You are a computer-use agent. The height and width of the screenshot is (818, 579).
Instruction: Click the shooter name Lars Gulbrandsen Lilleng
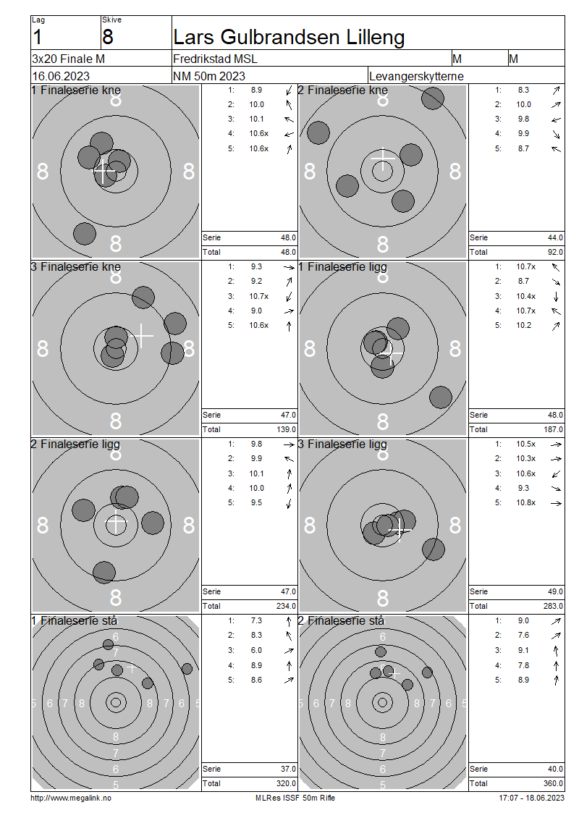(289, 38)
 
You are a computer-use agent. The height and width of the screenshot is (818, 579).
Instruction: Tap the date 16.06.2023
(61, 76)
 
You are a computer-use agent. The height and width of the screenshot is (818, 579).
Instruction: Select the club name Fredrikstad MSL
(215, 59)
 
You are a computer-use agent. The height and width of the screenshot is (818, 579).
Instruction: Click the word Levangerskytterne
(416, 76)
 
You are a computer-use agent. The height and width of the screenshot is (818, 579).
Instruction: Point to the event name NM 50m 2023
(209, 76)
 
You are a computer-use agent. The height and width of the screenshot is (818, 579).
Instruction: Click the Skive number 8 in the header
(107, 38)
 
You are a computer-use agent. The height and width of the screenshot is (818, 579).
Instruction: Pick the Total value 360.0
(553, 783)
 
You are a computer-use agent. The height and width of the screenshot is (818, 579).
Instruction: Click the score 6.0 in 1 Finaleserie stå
(256, 651)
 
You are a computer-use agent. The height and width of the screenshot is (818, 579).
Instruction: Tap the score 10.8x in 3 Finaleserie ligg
(525, 503)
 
